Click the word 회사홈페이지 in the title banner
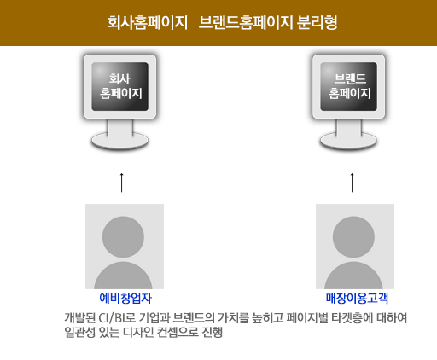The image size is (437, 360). point(147,22)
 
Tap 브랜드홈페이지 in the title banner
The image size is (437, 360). point(246,22)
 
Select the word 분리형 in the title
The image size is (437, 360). point(317,22)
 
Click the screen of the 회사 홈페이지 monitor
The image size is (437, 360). point(119,86)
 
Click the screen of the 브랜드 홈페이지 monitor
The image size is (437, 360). point(348,86)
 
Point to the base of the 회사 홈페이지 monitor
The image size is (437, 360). point(119,141)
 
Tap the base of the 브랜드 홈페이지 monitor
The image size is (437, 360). point(348,141)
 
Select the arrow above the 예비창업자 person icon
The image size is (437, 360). point(122,183)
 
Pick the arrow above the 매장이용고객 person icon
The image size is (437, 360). point(353,183)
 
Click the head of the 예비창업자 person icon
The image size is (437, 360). point(123,237)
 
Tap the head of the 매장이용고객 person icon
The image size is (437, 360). point(353,237)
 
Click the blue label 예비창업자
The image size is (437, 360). point(125,298)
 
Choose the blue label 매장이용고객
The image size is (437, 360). point(357,298)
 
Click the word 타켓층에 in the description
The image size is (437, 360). point(353,318)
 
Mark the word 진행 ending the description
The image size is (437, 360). point(212,332)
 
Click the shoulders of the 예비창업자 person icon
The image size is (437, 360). point(123,276)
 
